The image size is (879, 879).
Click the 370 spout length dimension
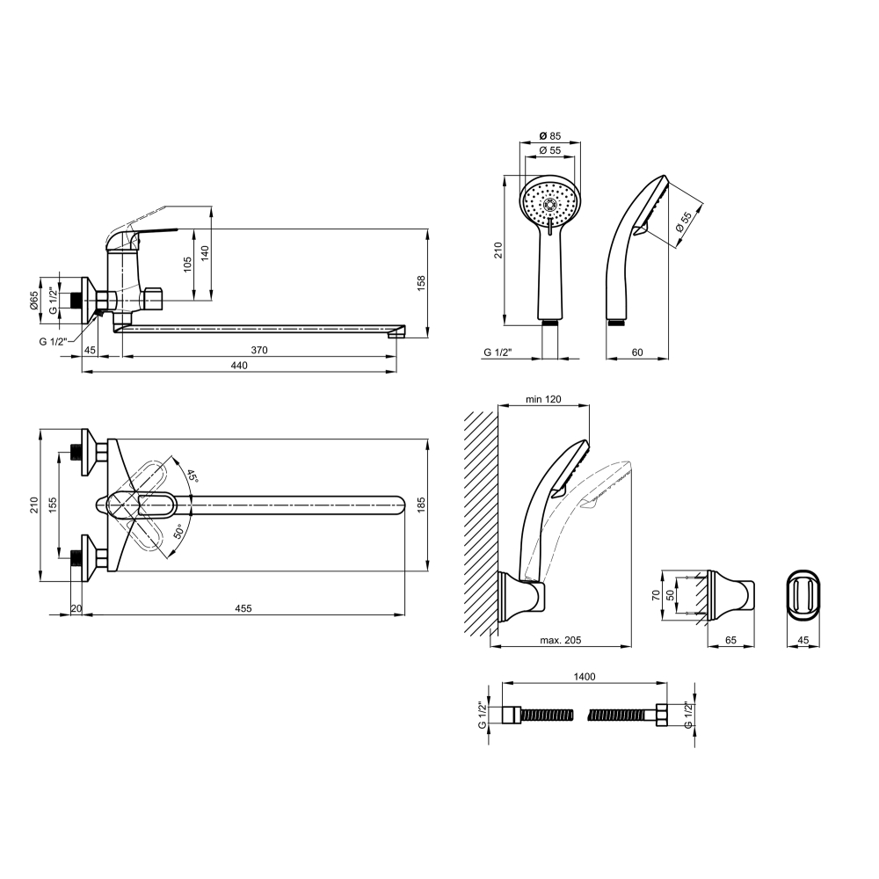(259, 351)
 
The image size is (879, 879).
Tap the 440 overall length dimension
(239, 366)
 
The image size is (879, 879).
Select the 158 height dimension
(422, 282)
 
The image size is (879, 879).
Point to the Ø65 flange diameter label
(33, 301)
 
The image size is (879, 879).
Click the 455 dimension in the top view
(243, 608)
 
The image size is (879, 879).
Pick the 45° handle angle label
(193, 476)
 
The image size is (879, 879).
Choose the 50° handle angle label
(178, 531)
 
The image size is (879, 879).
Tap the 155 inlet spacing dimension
(52, 505)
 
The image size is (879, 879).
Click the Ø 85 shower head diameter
(550, 135)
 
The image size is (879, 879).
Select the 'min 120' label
(543, 399)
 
